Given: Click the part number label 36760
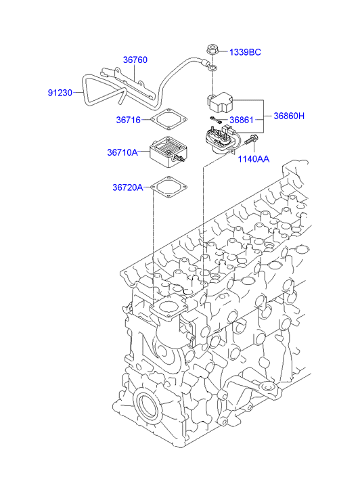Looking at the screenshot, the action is tap(135, 60).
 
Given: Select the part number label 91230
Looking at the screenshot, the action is tap(60, 93).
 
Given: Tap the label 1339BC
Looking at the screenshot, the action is tap(245, 52).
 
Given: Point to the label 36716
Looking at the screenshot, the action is tap(129, 120).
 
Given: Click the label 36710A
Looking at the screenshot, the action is tap(122, 152).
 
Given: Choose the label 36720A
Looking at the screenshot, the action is tap(128, 187).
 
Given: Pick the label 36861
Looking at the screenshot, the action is tap(242, 120).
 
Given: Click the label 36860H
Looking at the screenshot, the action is tap(289, 116).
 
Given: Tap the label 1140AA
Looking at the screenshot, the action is tap(254, 159).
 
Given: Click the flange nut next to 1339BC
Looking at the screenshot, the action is tap(212, 51).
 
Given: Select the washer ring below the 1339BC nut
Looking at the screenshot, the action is tap(213, 68).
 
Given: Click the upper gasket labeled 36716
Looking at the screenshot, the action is tap(168, 119).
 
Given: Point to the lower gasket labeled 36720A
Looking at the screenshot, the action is tap(169, 187).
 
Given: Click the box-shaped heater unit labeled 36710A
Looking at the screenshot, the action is tap(168, 153).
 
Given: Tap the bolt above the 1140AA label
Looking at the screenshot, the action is tap(251, 139).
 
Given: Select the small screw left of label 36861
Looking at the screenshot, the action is tap(215, 119).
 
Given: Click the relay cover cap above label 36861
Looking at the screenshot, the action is tap(221, 102).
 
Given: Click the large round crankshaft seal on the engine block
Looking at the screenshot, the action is tap(147, 405).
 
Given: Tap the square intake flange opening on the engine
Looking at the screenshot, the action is tap(169, 307).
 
